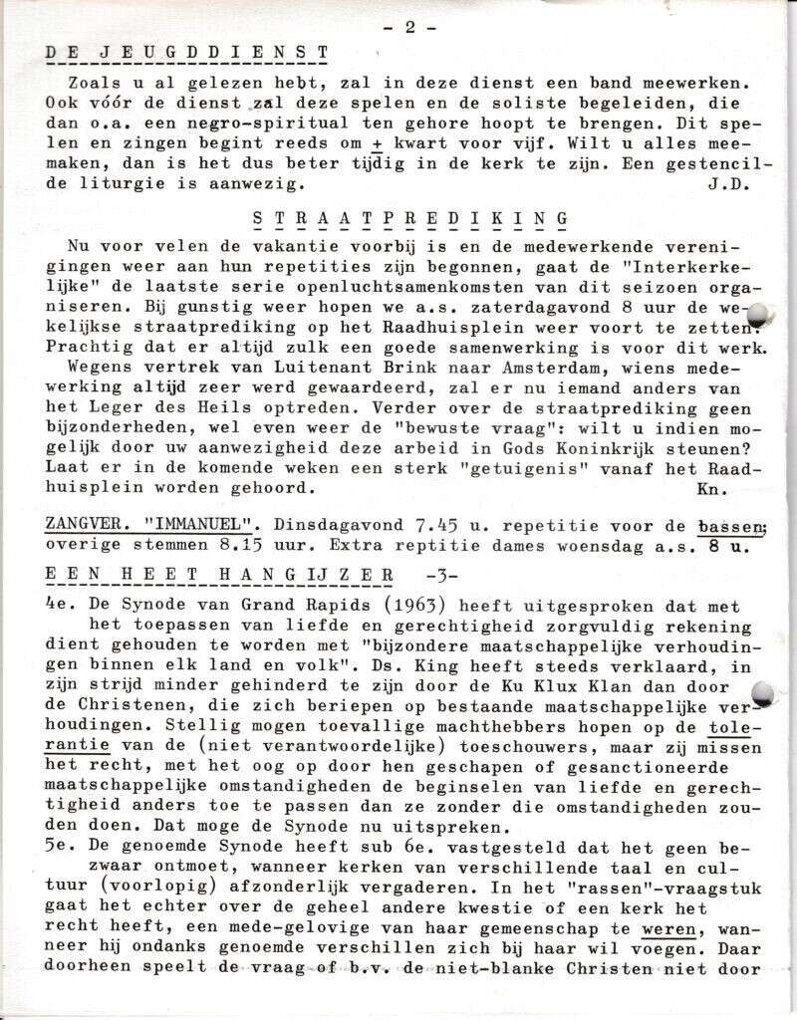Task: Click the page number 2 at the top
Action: (409, 28)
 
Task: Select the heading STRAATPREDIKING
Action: (409, 219)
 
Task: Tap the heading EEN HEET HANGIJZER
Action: (219, 575)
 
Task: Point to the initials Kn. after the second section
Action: (712, 489)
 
